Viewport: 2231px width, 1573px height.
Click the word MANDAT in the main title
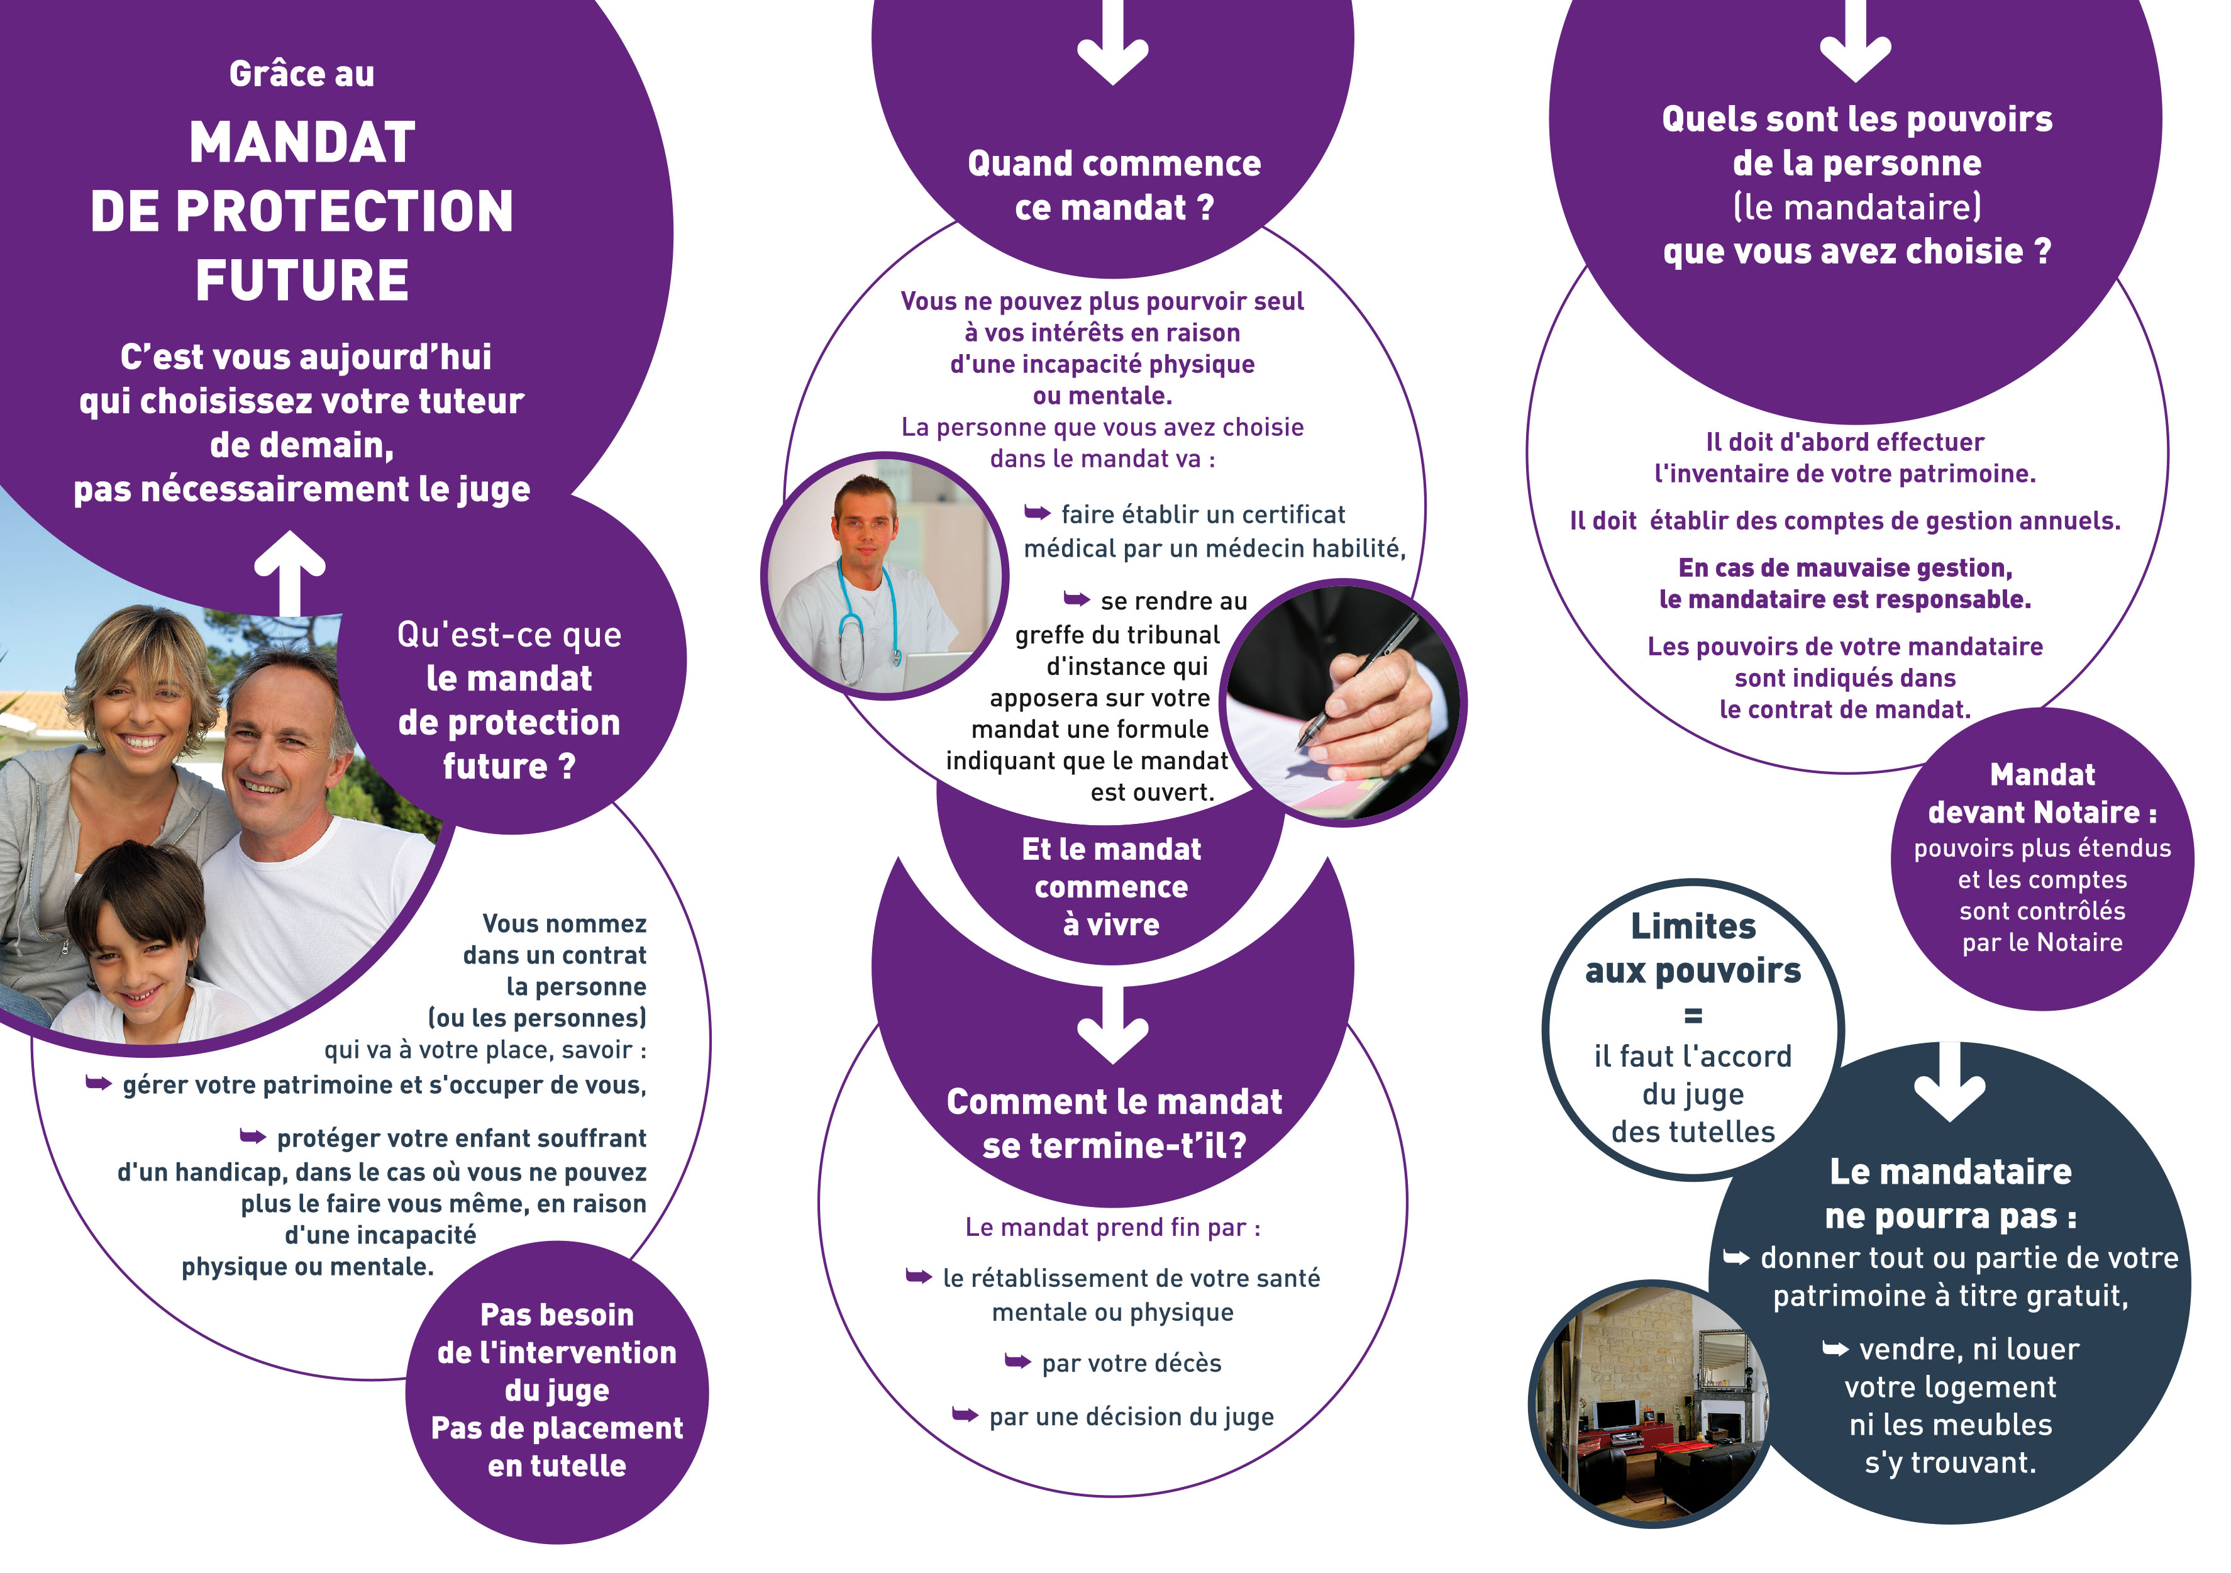click(302, 143)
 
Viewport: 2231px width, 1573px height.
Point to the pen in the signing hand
click(1360, 686)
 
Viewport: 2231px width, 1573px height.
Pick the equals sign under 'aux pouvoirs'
click(1693, 1016)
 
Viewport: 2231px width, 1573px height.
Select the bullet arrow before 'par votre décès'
click(1017, 1361)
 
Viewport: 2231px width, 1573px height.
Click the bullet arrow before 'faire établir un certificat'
click(1037, 513)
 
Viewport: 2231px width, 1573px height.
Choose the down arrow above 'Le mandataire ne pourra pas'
click(1949, 1082)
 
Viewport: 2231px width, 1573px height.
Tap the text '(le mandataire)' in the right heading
click(1857, 207)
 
